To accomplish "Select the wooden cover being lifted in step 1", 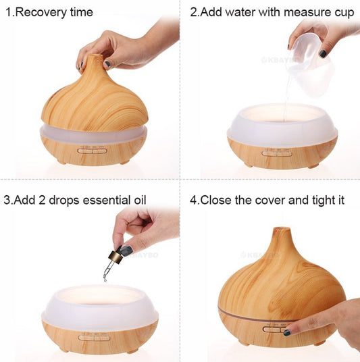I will click(91, 98).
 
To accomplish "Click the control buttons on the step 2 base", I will click(273, 152).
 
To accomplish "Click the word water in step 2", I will click(234, 12).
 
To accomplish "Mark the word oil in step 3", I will click(137, 200).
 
